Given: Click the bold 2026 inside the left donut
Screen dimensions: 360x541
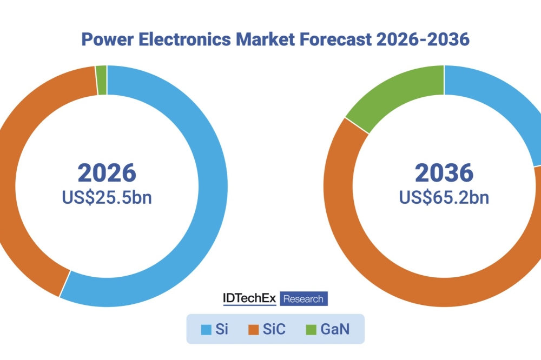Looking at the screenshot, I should click(107, 172).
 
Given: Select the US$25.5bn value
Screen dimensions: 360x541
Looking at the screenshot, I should click(107, 197).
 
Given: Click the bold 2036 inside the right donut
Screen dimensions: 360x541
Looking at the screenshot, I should click(444, 172).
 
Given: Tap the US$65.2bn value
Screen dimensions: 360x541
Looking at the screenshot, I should click(444, 197).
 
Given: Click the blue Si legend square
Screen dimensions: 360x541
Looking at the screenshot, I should click(206, 329).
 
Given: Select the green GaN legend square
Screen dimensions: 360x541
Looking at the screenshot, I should click(311, 329).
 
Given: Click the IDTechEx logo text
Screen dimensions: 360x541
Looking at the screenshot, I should click(249, 298).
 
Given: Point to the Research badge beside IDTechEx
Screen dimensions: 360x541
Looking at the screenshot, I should click(304, 299).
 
